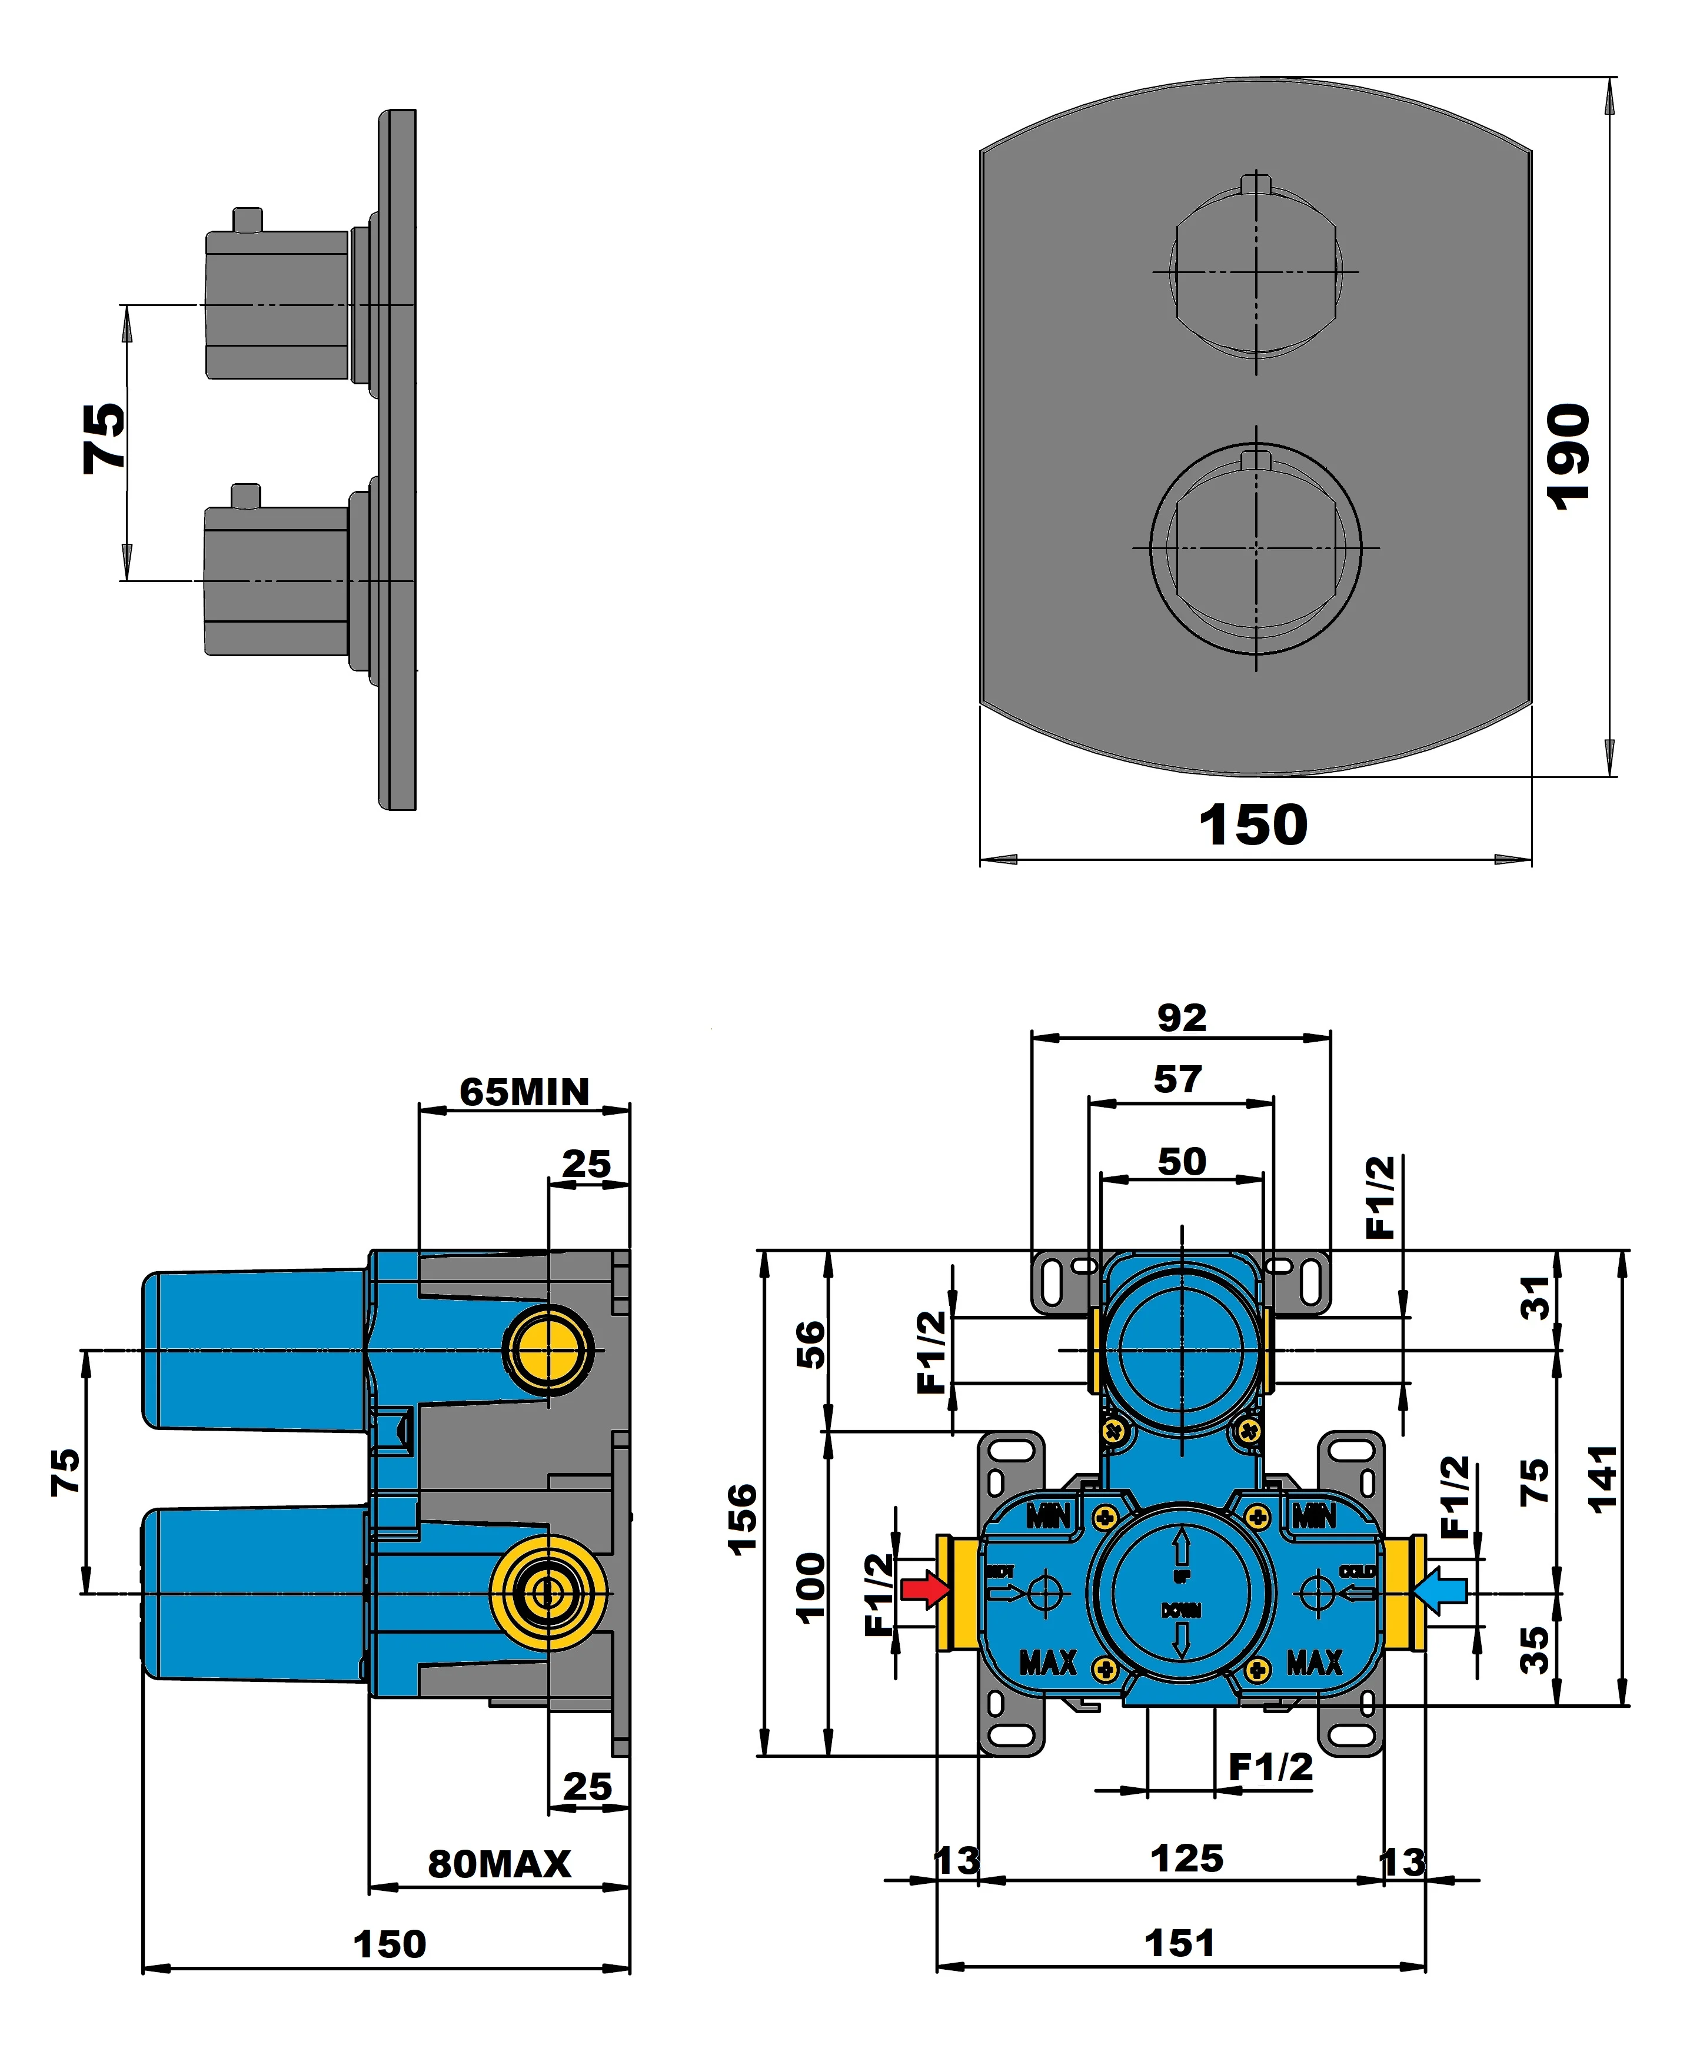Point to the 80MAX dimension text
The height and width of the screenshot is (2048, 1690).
coord(500,1863)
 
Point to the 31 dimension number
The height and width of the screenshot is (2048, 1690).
coord(1535,1298)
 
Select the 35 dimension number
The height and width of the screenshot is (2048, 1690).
coord(1535,1650)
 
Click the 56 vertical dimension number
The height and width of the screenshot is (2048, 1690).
coord(810,1344)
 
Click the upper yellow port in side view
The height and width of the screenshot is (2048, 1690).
coord(547,1349)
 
